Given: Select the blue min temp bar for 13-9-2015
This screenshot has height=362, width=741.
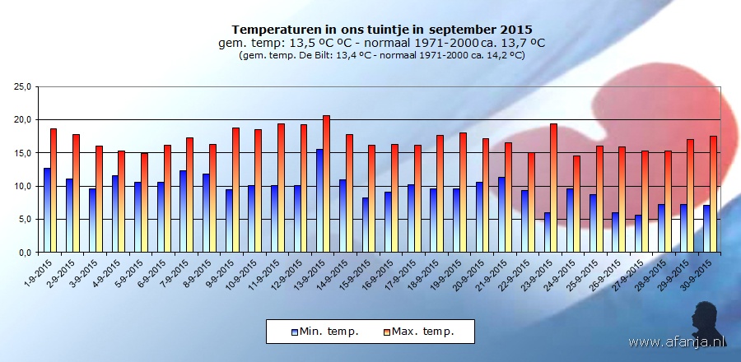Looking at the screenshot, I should click(x=319, y=200).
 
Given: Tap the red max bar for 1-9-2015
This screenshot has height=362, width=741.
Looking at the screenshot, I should click(x=54, y=190).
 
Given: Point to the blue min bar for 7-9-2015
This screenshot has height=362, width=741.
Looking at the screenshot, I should click(x=183, y=211).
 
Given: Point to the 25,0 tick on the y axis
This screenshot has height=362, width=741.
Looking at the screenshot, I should click(x=21, y=86).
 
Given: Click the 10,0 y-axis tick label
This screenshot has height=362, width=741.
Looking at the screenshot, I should click(x=21, y=186).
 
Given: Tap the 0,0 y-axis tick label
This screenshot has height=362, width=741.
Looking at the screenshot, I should click(x=24, y=253).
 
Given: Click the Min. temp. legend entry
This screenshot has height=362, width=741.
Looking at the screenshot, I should click(x=324, y=332).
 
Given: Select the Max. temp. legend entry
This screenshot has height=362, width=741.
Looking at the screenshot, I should click(x=422, y=332).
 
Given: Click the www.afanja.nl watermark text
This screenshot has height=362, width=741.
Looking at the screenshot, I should click(x=677, y=341).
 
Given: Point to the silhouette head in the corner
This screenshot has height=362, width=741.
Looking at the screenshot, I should click(x=709, y=317).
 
